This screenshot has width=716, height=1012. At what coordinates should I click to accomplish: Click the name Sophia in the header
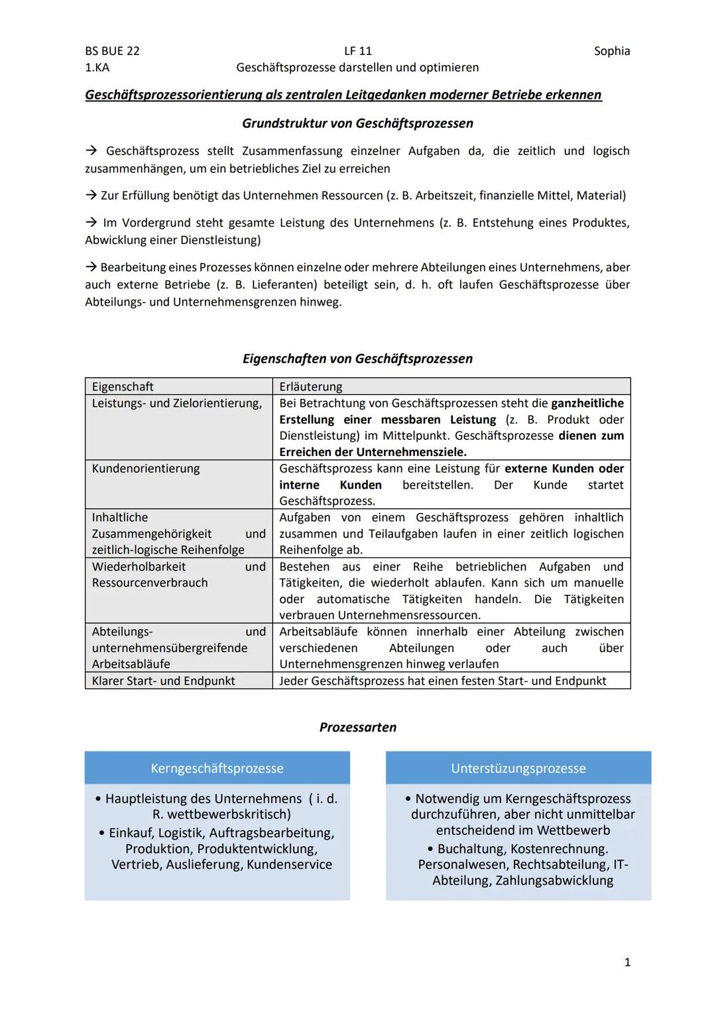coord(611,51)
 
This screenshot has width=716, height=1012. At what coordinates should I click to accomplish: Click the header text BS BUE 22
coord(112,51)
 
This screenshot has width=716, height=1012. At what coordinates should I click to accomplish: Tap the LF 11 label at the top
coord(358,51)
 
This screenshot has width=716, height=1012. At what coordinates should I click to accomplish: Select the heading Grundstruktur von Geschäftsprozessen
coord(357,123)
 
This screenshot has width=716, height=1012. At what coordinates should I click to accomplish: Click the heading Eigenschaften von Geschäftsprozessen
coord(357,359)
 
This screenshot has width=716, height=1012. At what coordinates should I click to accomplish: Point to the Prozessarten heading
coord(357,727)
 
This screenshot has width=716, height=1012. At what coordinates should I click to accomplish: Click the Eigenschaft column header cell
coord(123,386)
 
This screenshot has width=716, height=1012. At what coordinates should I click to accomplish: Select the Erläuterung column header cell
coord(311,386)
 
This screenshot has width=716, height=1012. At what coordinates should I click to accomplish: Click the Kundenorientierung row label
coord(146,469)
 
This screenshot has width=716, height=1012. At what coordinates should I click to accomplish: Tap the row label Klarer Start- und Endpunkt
coord(163,681)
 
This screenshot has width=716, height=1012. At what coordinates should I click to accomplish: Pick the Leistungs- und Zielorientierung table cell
coord(176,403)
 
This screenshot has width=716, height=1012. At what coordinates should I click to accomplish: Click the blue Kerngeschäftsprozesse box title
coord(217,768)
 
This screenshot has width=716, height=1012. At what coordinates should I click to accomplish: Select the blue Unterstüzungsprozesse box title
coord(518,768)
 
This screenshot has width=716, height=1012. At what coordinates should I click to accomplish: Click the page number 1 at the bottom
coord(627,962)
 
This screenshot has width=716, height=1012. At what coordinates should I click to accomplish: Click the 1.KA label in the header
coord(97,68)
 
